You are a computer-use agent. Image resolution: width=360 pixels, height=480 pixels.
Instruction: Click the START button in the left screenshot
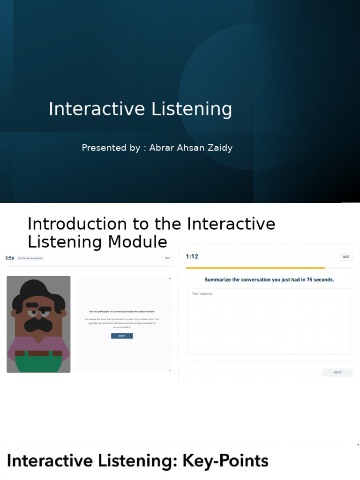[122, 336]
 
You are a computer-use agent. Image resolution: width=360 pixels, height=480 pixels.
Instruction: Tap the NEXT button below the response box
[337, 373]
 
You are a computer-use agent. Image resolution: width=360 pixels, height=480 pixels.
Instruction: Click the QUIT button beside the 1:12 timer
[346, 257]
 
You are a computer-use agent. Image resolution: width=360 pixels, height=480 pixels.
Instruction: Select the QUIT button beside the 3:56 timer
[168, 258]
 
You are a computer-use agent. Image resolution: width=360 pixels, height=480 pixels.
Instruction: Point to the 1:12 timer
[192, 257]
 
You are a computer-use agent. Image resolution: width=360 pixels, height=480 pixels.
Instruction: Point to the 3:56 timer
[9, 258]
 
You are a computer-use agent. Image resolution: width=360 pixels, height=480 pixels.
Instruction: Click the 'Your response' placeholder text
[202, 294]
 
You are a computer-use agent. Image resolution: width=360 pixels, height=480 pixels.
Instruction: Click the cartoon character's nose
[39, 315]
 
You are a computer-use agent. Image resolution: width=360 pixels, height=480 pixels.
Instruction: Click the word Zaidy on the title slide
[220, 148]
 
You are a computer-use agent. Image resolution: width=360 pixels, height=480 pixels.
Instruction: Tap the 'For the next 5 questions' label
[30, 258]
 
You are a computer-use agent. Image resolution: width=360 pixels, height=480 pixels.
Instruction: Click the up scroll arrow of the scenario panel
[170, 279]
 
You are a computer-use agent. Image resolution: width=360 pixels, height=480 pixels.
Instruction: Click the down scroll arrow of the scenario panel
[170, 370]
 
